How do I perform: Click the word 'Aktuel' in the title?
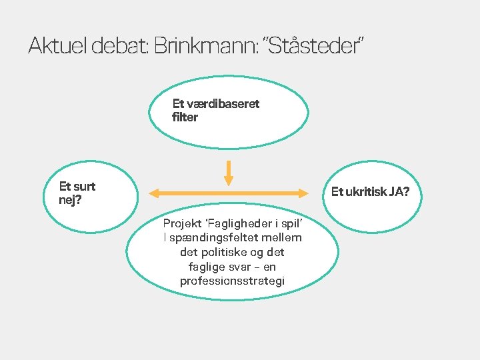[58, 46]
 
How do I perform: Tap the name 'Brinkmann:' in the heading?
[205, 46]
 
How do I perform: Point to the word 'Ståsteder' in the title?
[315, 46]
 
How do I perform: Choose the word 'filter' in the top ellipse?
[185, 117]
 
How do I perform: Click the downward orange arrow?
[229, 173]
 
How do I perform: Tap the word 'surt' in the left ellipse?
[85, 187]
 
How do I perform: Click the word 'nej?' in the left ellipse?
[71, 199]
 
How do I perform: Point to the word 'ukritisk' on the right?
[366, 193]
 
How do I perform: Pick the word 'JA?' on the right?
[400, 193]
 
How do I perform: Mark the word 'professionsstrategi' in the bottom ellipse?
[232, 281]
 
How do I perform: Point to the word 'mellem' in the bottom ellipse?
[283, 238]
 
